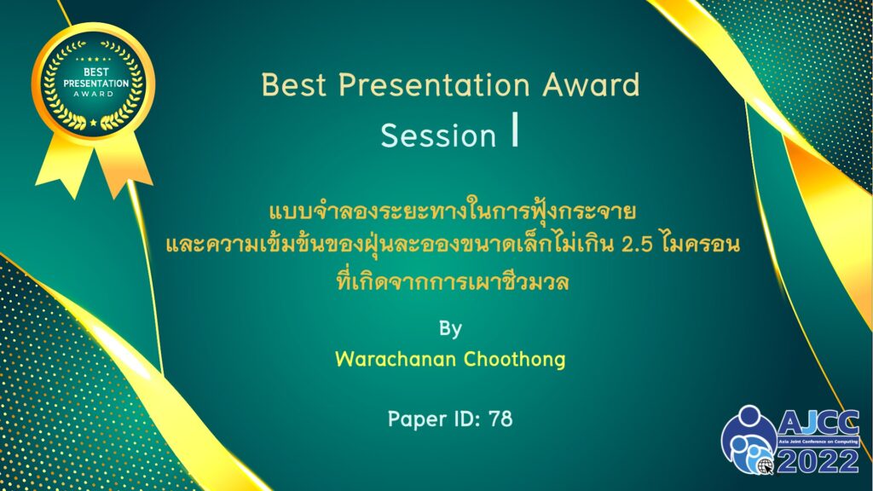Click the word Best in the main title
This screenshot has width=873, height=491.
pyautogui.click(x=293, y=84)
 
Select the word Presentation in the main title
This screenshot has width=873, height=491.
pyautogui.click(x=434, y=84)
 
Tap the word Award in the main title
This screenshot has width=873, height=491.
pyautogui.click(x=592, y=84)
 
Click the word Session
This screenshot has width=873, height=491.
pyautogui.click(x=438, y=136)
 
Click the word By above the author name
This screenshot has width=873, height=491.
pyautogui.click(x=450, y=328)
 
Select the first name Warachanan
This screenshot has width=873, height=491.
pyautogui.click(x=396, y=359)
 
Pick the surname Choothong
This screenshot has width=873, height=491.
pyautogui.click(x=514, y=359)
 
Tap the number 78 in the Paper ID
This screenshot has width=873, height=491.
pyautogui.click(x=500, y=419)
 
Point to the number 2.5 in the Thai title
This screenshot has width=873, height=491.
pyautogui.click(x=636, y=245)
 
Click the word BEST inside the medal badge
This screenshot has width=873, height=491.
pyautogui.click(x=95, y=72)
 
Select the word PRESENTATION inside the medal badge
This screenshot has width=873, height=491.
pyautogui.click(x=95, y=84)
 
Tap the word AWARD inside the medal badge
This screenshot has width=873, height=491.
pyautogui.click(x=94, y=94)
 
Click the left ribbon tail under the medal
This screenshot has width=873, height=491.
pyautogui.click(x=61, y=165)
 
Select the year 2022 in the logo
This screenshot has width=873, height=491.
pyautogui.click(x=818, y=461)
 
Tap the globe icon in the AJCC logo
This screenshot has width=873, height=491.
pyautogui.click(x=765, y=465)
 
